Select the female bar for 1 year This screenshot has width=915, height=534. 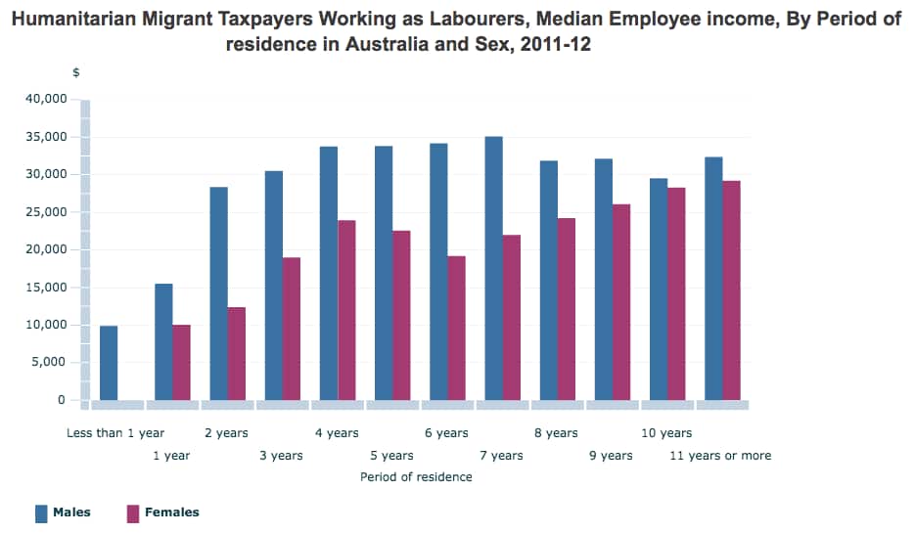point(181,362)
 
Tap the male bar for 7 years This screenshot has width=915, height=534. point(493,268)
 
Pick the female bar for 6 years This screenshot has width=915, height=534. point(456,328)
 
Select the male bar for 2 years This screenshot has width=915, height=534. point(218,293)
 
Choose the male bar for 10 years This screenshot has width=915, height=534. point(659,289)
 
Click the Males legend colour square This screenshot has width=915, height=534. point(41,512)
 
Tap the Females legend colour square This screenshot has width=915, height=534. point(133,512)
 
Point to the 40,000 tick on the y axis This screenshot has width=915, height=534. point(46,99)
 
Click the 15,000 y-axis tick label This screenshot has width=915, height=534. point(46,288)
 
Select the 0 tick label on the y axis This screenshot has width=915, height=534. point(61,400)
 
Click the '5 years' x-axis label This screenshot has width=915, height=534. point(391,456)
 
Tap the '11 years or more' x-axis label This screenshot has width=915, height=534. point(720,456)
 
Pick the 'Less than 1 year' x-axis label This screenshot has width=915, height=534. point(115,433)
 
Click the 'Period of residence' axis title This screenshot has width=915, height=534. point(416,477)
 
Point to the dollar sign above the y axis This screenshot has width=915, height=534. point(76,73)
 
